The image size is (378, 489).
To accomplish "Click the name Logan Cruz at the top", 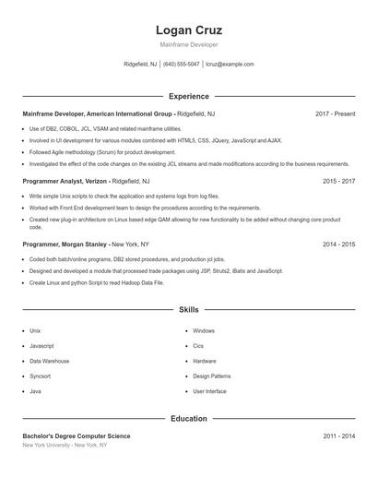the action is coord(188,30).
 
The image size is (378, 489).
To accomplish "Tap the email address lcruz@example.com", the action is coord(230,65).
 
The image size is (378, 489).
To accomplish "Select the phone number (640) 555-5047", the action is coord(182,65).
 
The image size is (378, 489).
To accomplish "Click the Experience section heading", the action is coord(188,96).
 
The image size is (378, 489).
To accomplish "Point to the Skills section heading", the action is coord(188,310).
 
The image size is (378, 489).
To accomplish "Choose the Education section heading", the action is coord(188,419).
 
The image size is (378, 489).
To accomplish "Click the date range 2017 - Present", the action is coord(335,113).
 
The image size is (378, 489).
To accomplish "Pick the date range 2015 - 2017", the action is coord(338,182).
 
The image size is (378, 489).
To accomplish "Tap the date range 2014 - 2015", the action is coord(338,244).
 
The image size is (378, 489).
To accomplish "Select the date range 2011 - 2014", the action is coord(338,435).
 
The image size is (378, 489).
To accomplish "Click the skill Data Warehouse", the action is coord(49,361).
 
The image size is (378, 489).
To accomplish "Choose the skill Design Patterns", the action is coord(211,376).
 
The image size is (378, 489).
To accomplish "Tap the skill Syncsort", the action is coord(40,376).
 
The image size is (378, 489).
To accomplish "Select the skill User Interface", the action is coord(209,391).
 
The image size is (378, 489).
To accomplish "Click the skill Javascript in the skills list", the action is coord(41,346).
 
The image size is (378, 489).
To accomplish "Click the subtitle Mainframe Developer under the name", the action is coord(188,44).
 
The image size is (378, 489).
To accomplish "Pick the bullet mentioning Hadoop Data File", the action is coord(96,283).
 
